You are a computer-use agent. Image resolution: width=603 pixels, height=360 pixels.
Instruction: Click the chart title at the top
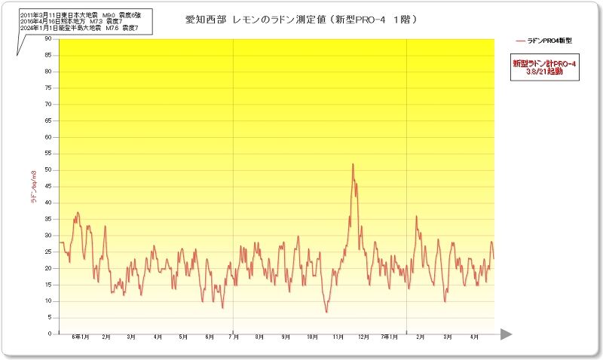[301, 19]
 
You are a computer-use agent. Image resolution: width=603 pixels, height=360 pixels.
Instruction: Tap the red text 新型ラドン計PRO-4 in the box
[544, 64]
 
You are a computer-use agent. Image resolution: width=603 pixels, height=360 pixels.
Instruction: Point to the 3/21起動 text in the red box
[544, 72]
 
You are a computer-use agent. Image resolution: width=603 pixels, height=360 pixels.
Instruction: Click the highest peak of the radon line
[353, 164]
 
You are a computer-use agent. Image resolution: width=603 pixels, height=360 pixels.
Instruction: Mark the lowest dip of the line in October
[326, 312]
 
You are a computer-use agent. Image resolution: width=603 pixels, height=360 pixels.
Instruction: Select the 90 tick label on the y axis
[47, 38]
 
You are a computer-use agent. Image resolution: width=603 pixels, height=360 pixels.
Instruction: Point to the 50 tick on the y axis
[47, 169]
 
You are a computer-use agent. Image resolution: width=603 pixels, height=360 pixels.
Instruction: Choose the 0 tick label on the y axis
[50, 334]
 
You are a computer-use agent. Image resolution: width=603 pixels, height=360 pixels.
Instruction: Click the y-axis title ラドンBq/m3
[33, 188]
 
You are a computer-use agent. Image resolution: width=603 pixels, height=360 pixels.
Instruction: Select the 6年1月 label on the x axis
[80, 337]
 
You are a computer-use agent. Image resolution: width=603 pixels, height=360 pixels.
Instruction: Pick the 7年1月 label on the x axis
[390, 337]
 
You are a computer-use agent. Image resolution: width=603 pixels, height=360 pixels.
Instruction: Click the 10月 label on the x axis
[311, 337]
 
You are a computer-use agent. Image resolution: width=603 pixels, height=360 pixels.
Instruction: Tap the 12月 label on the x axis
[363, 337]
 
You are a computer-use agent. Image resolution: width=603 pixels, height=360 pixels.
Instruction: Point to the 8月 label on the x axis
[260, 337]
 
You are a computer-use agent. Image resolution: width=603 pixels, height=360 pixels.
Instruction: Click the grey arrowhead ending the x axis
[506, 334]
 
